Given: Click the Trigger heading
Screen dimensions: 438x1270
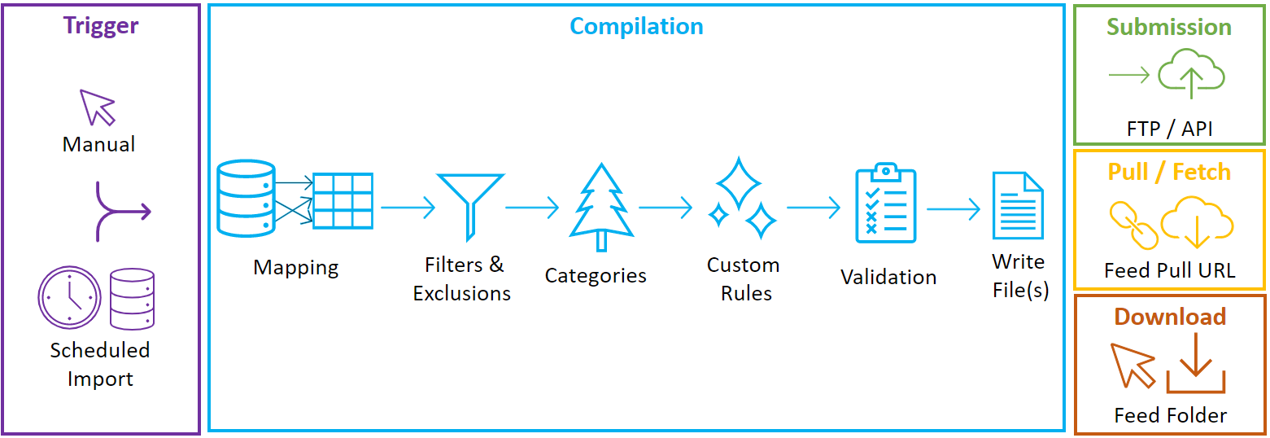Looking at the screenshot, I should point(101,25).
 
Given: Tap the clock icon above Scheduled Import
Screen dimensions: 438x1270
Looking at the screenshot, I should point(69,298).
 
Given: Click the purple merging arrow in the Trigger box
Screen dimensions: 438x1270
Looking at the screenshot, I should point(122,212).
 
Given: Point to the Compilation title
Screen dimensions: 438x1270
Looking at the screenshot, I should point(636,26).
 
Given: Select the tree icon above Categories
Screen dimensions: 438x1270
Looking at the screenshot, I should point(601,208).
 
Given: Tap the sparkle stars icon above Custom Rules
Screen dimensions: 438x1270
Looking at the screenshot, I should point(740,199).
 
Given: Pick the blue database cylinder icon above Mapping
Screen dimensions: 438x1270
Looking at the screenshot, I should point(246,199).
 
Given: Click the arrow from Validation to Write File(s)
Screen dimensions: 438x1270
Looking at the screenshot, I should point(954,210).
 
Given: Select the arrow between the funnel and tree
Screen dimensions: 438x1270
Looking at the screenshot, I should point(532,208).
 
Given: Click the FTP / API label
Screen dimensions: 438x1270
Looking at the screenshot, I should point(1169,129).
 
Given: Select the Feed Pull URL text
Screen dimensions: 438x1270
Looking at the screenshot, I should point(1169,271).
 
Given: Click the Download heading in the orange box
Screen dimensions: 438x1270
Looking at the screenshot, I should point(1170,317).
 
